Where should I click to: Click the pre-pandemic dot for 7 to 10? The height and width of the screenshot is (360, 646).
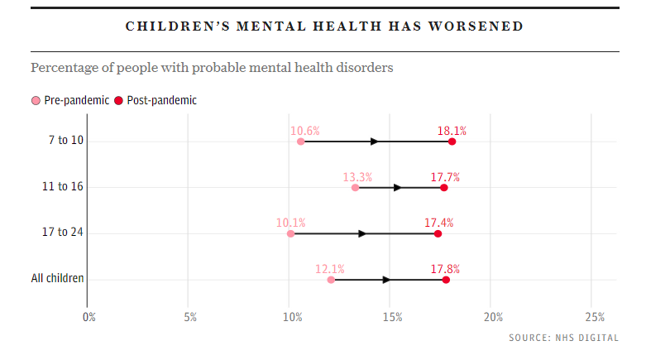point(300,142)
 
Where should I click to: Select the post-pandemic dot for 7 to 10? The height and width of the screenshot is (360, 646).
point(452,142)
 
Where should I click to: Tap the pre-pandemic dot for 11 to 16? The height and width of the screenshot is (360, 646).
point(356,188)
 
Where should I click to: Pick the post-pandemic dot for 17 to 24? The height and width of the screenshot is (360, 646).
point(438,234)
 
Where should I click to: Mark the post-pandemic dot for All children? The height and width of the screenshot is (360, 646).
point(446,281)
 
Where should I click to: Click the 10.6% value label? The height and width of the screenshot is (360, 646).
point(305,131)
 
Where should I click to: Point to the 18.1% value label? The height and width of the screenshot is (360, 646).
point(452,131)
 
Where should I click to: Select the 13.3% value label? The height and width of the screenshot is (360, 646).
point(357,177)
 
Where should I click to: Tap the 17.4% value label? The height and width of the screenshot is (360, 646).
point(438,223)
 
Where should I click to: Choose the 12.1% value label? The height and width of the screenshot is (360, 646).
point(330,269)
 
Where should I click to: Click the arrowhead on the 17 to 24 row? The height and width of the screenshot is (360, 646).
point(362,234)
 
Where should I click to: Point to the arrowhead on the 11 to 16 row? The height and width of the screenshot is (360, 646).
point(398,188)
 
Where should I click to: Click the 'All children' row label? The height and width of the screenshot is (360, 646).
point(58,278)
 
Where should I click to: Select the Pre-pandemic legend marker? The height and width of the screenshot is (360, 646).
point(36,101)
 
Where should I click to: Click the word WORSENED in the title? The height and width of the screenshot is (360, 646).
point(476,26)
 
